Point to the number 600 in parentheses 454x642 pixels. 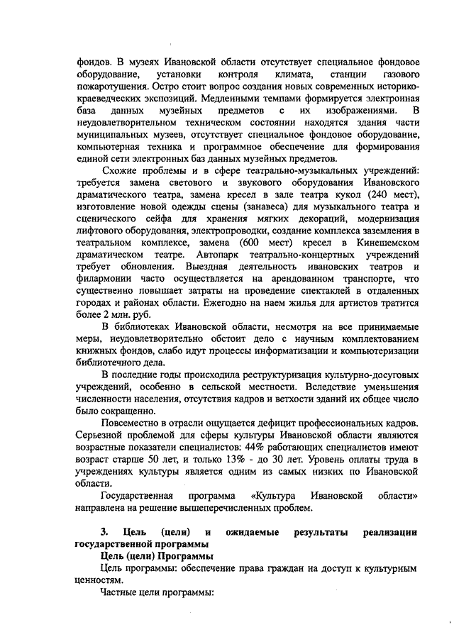point(260,243)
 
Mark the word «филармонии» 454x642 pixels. point(105,279)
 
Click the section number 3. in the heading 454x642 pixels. point(104,532)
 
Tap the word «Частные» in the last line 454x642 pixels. point(122,592)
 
